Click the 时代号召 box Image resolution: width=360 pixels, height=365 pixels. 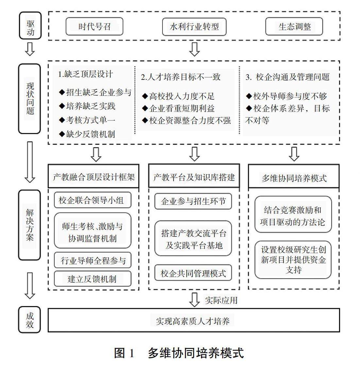(x=94, y=26)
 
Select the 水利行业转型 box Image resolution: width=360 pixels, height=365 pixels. (x=194, y=27)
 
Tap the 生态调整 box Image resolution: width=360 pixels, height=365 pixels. (x=294, y=26)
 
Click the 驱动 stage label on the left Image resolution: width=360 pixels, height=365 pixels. (x=30, y=26)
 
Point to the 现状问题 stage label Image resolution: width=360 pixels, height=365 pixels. (x=29, y=99)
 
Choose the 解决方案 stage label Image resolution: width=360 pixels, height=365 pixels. (x=29, y=225)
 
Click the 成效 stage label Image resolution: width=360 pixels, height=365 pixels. (x=29, y=320)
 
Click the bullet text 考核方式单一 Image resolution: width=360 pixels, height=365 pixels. (x=87, y=120)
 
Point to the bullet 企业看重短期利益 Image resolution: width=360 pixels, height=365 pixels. (x=178, y=108)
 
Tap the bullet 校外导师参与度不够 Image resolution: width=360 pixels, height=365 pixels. (x=286, y=96)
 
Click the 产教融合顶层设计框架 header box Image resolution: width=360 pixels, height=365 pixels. (x=94, y=176)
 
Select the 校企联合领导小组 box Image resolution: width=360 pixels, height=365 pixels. (x=93, y=200)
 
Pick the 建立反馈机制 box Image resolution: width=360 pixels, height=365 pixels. (x=93, y=279)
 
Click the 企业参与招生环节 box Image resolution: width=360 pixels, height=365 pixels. (x=193, y=201)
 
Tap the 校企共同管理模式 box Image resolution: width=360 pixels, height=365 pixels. (x=193, y=272)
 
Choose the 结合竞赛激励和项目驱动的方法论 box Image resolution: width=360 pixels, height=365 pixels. (x=293, y=215)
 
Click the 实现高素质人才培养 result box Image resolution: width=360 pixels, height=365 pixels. (x=194, y=320)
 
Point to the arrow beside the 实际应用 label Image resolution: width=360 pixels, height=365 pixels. (x=194, y=300)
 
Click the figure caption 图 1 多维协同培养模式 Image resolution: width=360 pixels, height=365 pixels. (x=179, y=353)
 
